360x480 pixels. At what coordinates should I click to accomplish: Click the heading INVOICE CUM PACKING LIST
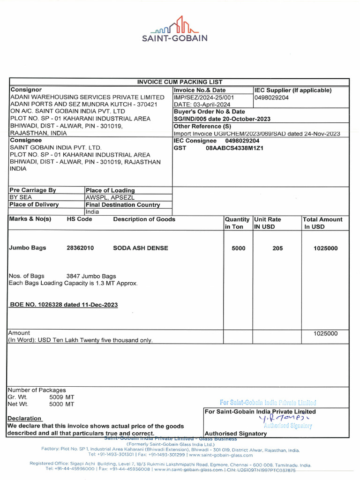point(180,82)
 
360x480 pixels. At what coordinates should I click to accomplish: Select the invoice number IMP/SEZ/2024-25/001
point(203,97)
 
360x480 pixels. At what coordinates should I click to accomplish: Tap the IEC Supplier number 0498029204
point(271,97)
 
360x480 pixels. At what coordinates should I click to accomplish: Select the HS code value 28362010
point(80,248)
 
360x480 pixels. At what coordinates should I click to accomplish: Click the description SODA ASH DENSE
point(141,248)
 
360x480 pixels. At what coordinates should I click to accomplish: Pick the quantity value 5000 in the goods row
point(238,248)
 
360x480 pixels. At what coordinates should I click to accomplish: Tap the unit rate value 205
point(277,248)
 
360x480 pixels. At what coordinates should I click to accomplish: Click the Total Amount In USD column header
point(323,223)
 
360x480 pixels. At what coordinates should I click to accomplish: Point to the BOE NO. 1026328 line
point(64,305)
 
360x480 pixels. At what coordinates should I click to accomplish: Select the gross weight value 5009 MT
point(61,397)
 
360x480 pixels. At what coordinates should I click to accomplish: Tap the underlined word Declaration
point(24,418)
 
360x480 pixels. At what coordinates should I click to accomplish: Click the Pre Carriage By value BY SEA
point(21,197)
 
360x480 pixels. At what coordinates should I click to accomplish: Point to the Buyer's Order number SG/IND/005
point(191,119)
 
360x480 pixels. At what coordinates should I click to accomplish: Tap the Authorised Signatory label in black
point(236,434)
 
